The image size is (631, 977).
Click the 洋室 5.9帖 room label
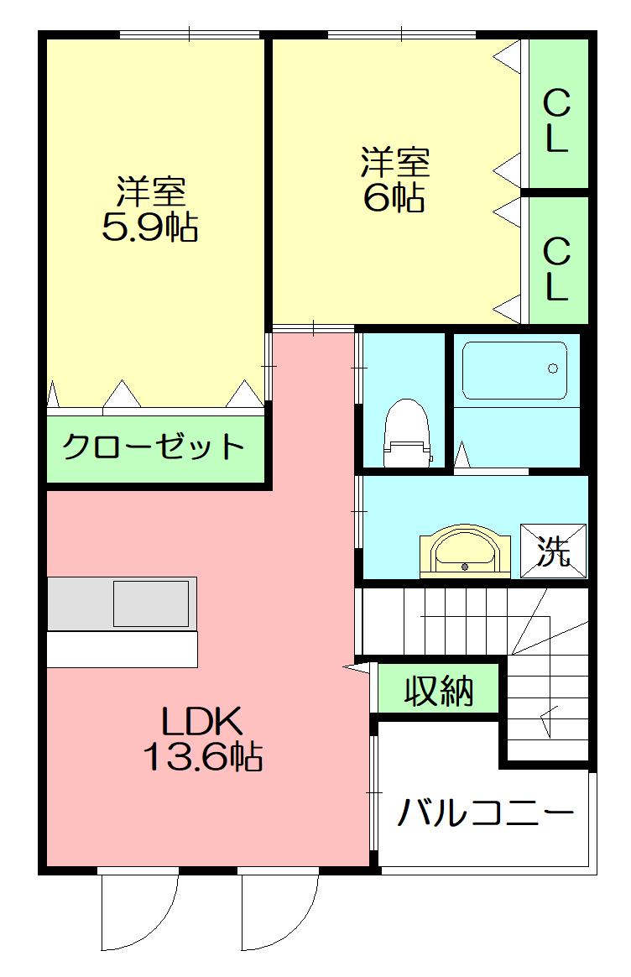pyautogui.click(x=150, y=209)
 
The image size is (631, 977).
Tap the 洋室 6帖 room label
pyautogui.click(x=395, y=179)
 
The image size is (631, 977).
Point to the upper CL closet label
pyautogui.click(x=556, y=122)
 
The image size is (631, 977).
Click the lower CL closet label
pyautogui.click(x=556, y=269)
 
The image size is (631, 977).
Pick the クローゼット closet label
pyautogui.click(x=154, y=446)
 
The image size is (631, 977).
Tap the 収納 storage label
pyautogui.click(x=439, y=691)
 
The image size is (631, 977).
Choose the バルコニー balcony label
pyautogui.click(x=487, y=812)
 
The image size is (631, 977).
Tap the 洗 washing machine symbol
pyautogui.click(x=553, y=551)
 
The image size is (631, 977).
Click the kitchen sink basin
pyautogui.click(x=151, y=603)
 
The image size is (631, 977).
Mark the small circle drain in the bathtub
pyautogui.click(x=552, y=368)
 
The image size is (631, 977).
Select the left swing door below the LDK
pyautogui.click(x=138, y=911)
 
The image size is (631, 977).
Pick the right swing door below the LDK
pyautogui.click(x=280, y=911)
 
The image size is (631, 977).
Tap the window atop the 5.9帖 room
pyautogui.click(x=190, y=34)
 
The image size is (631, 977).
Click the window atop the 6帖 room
pyautogui.click(x=402, y=34)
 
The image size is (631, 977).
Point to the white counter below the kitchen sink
pyautogui.click(x=123, y=649)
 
